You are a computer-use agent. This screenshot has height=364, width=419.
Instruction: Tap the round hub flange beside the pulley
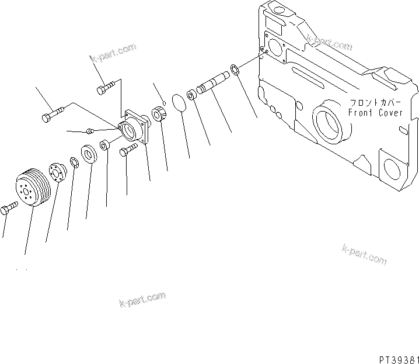[x=58, y=173]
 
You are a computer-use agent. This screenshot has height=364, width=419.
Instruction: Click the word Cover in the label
[x=390, y=113]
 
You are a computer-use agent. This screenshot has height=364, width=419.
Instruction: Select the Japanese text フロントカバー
[x=373, y=102]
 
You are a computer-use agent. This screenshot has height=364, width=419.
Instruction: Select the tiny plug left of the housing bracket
[x=90, y=130]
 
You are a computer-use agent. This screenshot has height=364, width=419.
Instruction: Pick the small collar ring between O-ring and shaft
[x=191, y=95]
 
